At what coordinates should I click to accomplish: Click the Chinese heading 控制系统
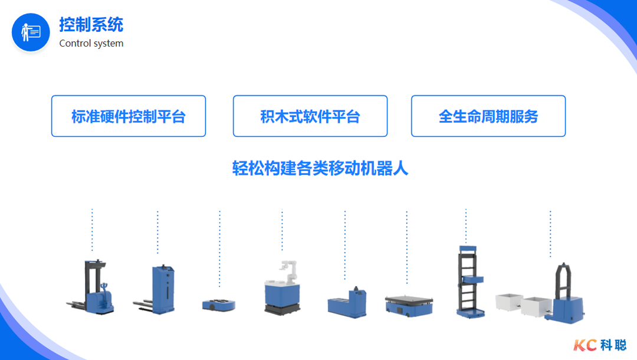91,25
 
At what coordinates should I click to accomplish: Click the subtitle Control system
91,43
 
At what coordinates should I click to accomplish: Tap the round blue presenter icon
31,32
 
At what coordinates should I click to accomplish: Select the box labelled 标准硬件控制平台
129,116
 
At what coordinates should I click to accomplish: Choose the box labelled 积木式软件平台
310,116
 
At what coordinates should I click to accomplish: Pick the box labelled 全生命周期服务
488,116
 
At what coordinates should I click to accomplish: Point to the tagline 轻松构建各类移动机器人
320,169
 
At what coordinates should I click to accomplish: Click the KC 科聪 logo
599,345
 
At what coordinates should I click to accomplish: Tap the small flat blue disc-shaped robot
219,305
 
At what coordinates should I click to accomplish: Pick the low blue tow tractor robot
348,302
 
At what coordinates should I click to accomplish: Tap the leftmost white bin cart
509,302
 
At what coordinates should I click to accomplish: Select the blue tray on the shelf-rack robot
475,278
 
